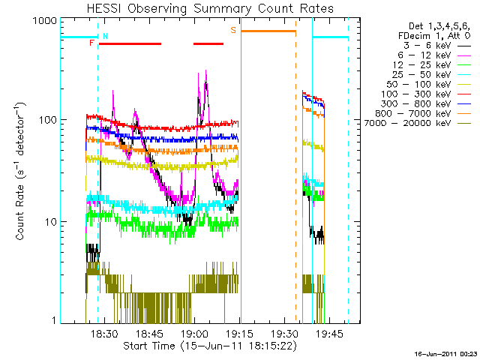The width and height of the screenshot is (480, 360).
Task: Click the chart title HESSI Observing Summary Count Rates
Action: pos(211,8)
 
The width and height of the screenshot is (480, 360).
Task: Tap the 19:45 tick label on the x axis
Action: pos(328,332)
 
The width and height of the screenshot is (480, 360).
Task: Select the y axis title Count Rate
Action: pos(21,172)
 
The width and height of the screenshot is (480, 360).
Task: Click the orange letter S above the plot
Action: pos(233,30)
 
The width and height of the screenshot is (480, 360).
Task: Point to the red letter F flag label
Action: pos(91,43)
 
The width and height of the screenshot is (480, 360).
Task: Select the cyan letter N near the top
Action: pos(105,35)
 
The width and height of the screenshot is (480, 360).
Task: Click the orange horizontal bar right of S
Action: pos(268,31)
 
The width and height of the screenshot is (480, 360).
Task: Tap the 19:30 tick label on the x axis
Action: pos(284,332)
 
